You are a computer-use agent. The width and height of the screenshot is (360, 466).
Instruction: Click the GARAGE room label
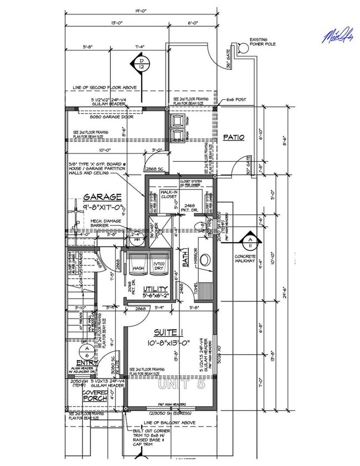point(102,197)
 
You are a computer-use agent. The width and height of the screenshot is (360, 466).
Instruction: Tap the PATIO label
point(234,137)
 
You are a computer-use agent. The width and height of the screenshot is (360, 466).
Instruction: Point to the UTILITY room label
point(156,289)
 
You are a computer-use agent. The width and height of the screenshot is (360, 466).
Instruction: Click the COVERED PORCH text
point(95,396)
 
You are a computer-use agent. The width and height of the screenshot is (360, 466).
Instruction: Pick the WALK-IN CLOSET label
point(170,194)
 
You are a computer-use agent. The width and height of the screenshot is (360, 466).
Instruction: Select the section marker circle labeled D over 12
point(141,64)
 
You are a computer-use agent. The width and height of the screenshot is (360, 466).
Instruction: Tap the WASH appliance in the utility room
point(138,268)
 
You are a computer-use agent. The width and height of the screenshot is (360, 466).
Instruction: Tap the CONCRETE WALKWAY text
point(245,259)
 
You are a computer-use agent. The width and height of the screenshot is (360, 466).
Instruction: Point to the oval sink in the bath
point(205,259)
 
